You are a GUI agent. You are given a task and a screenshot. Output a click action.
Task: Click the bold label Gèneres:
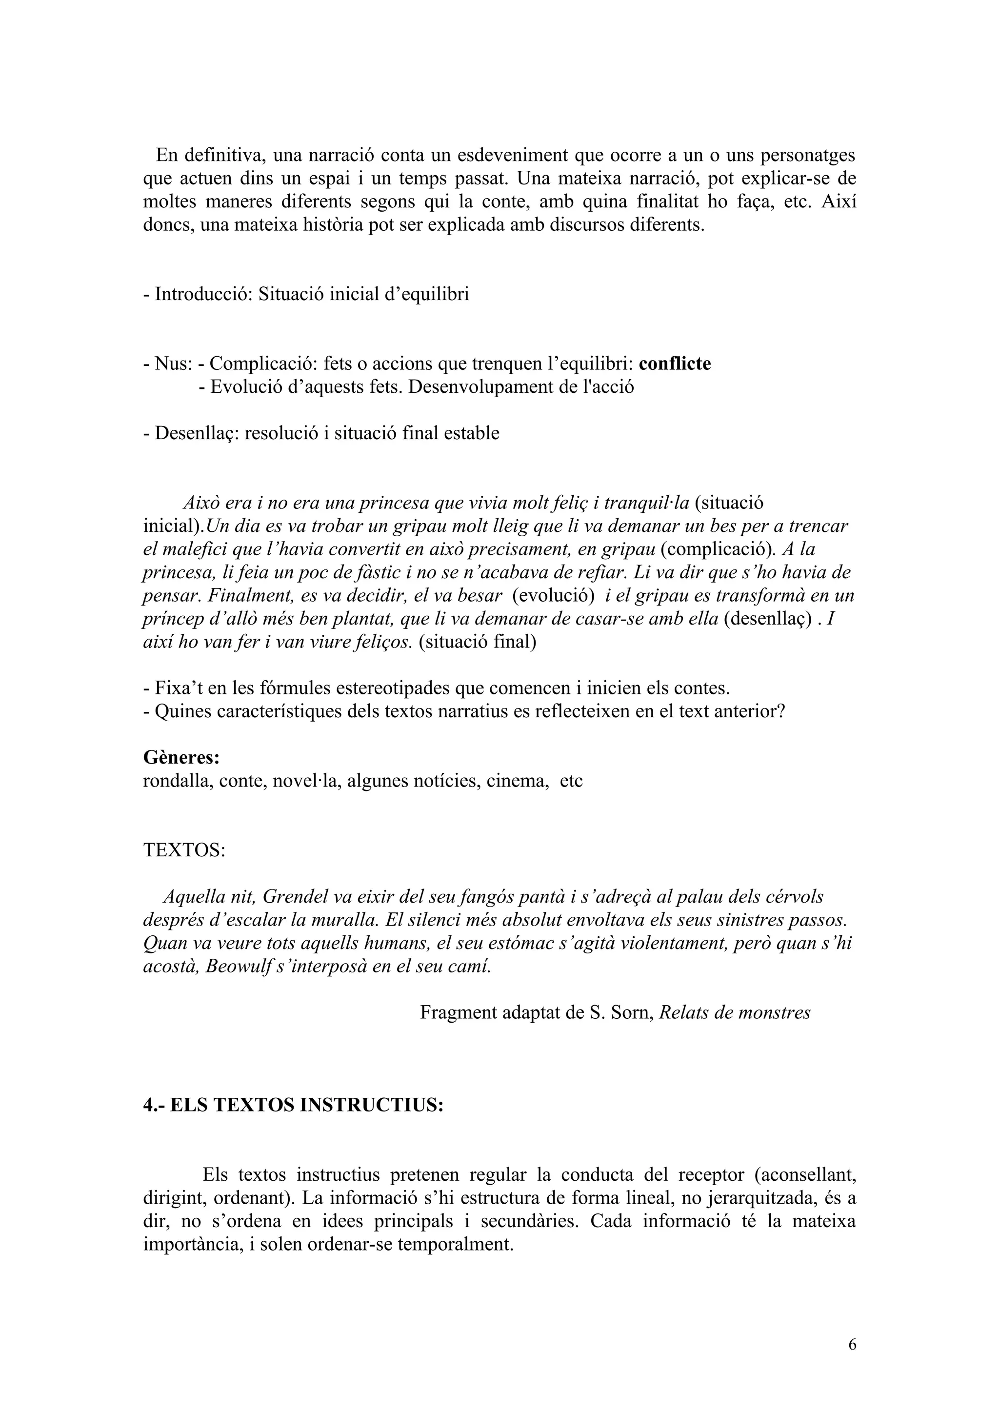(181, 757)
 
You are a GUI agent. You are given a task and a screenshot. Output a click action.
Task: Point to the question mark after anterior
(780, 711)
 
